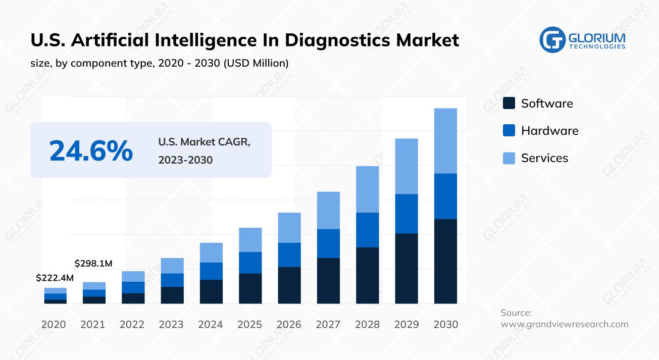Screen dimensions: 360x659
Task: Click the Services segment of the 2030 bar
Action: point(445,141)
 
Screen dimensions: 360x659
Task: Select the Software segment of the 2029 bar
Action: point(406,268)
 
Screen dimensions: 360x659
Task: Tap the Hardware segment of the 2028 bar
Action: point(367,230)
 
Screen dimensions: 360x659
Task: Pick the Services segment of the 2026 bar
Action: point(289,227)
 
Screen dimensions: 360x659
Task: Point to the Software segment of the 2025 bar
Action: point(250,288)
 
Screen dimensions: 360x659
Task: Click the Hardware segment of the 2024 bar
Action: point(211,271)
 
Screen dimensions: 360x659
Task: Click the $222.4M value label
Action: point(55,278)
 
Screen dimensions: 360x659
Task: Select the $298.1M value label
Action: point(93,264)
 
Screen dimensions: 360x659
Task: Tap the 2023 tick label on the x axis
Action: point(171,324)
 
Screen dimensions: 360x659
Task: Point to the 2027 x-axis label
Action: point(328,324)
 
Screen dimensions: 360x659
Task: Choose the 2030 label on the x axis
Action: point(446,324)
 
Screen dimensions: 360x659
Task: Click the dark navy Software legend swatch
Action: point(509,104)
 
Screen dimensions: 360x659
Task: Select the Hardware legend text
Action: point(549,131)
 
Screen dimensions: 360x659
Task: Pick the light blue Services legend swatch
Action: point(509,158)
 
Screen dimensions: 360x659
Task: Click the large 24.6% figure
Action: point(91,150)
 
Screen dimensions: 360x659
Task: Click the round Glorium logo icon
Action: point(552,39)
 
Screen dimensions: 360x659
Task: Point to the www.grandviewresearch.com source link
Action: point(564,324)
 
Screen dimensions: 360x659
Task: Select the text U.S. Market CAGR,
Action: point(204,142)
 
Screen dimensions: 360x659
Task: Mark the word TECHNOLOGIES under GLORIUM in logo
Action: point(597,46)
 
